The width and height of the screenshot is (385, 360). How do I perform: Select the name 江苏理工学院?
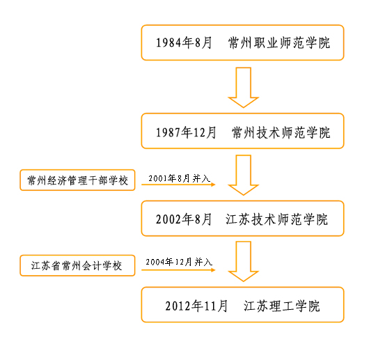(x=282, y=305)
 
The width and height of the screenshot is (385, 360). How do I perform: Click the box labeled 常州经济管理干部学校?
(x=77, y=180)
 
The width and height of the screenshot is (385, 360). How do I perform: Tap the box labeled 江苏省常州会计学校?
(x=77, y=265)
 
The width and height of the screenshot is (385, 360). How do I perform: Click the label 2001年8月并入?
(x=177, y=177)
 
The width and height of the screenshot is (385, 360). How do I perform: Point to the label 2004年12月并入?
(x=177, y=262)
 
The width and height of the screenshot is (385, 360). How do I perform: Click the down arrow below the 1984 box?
(x=243, y=87)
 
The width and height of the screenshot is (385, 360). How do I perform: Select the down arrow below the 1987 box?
(x=243, y=175)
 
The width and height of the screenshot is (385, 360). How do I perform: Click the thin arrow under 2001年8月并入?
(x=178, y=185)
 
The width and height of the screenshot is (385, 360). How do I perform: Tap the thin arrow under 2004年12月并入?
(x=178, y=270)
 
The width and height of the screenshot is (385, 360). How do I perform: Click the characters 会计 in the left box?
(x=95, y=265)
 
